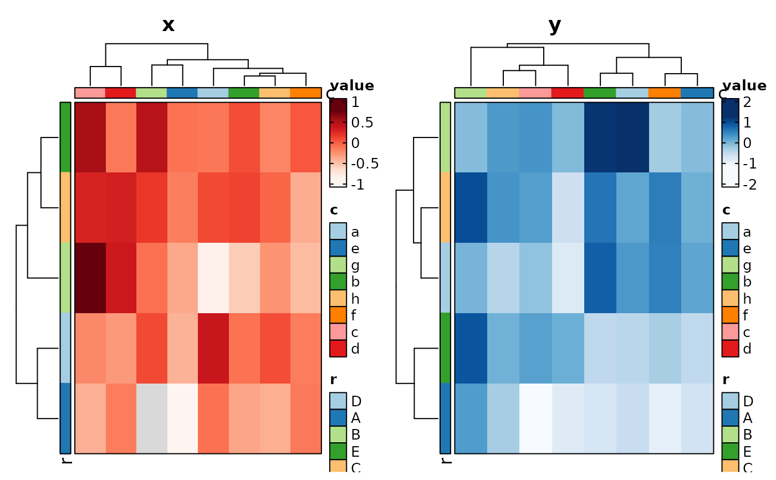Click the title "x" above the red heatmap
pyautogui.click(x=169, y=25)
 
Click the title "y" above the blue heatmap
pyautogui.click(x=555, y=25)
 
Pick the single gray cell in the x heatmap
pyautogui.click(x=151, y=418)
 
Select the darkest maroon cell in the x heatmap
pyautogui.click(x=90, y=278)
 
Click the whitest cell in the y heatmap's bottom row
pyautogui.click(x=535, y=418)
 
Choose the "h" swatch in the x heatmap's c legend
pyautogui.click(x=338, y=299)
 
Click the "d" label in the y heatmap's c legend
pyautogui.click(x=747, y=349)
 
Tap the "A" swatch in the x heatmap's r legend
pyautogui.click(x=338, y=418)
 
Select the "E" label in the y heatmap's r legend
pyautogui.click(x=747, y=451)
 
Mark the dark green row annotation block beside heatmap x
pyautogui.click(x=65, y=137)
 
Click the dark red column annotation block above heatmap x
pyautogui.click(x=120, y=93)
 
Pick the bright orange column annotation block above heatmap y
pyautogui.click(x=665, y=93)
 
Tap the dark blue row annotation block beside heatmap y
pyautogui.click(x=445, y=418)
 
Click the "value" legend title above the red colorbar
pyautogui.click(x=352, y=86)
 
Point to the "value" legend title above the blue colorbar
pyautogui.click(x=744, y=86)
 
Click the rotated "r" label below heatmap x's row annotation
pyautogui.click(x=67, y=461)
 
